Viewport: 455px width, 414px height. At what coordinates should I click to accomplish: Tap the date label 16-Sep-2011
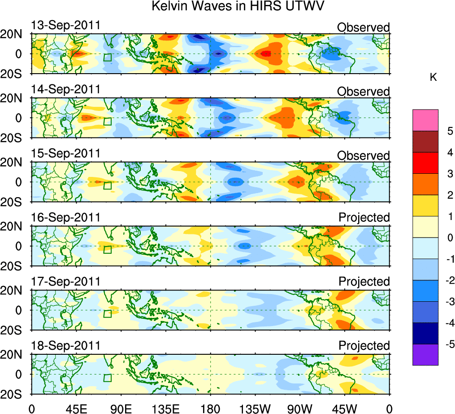pyautogui.click(x=65, y=218)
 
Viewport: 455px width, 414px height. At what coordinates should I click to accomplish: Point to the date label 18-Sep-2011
pyautogui.click(x=65, y=346)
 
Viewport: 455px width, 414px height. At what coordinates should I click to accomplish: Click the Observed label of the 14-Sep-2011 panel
pyautogui.click(x=363, y=92)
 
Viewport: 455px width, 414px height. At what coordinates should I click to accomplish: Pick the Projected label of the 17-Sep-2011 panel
pyautogui.click(x=364, y=282)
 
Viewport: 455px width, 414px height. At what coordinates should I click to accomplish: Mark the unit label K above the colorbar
pyautogui.click(x=433, y=78)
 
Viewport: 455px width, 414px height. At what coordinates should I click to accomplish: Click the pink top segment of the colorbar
pyautogui.click(x=425, y=120)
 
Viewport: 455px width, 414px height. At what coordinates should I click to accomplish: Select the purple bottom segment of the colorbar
pyautogui.click(x=425, y=355)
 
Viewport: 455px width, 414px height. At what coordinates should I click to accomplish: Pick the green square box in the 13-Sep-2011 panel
pyautogui.click(x=107, y=57)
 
